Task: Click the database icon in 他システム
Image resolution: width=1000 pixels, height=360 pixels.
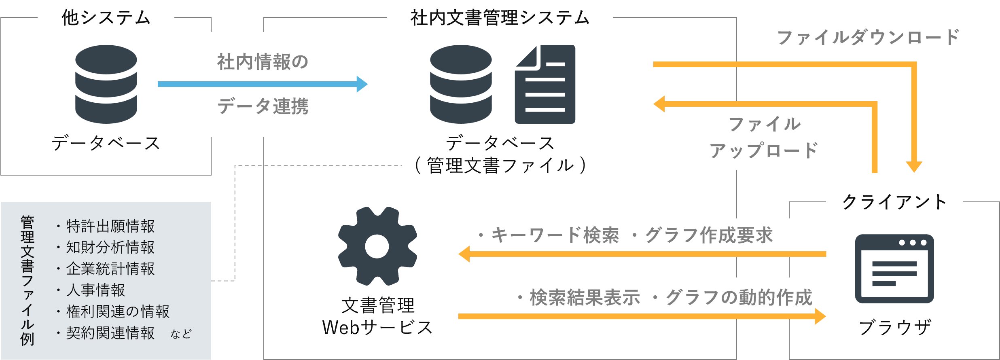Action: pyautogui.click(x=106, y=84)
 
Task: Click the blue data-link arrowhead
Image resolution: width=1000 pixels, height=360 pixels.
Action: pyautogui.click(x=362, y=84)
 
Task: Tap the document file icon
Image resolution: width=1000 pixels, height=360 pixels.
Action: pyautogui.click(x=545, y=84)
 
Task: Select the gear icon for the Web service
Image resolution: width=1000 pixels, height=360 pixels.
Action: pyautogui.click(x=377, y=246)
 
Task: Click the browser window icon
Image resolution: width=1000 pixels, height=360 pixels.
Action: pyautogui.click(x=894, y=269)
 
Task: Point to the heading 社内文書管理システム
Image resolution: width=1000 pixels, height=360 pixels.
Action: pyautogui.click(x=500, y=18)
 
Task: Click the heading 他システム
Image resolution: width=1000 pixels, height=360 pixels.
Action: pyautogui.click(x=106, y=18)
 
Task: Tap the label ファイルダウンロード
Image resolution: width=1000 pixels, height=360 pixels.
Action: pyautogui.click(x=868, y=37)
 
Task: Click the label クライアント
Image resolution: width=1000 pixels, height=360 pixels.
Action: pyautogui.click(x=894, y=202)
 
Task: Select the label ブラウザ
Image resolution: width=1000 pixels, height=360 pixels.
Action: pyautogui.click(x=895, y=327)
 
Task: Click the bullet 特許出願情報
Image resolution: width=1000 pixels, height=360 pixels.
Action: pyautogui.click(x=110, y=226)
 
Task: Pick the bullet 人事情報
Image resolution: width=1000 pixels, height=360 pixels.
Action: pyautogui.click(x=95, y=290)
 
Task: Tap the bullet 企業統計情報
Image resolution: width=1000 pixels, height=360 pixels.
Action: pyautogui.click(x=110, y=269)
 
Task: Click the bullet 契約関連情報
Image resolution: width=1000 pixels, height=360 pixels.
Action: pyautogui.click(x=110, y=333)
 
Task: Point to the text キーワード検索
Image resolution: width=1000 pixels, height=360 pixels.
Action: pyautogui.click(x=555, y=235)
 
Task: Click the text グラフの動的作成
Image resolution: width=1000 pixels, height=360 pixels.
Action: pyautogui.click(x=739, y=297)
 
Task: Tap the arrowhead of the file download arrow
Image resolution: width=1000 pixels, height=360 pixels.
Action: pyautogui.click(x=914, y=166)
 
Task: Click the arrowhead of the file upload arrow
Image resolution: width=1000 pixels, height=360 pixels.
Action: pyautogui.click(x=659, y=104)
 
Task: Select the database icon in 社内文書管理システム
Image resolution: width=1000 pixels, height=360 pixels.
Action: pyautogui.click(x=461, y=84)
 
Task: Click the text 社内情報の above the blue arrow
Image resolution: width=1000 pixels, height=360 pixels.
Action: pyautogui.click(x=263, y=62)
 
